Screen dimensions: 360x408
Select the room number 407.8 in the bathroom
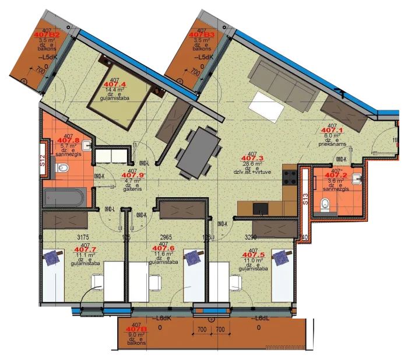click(69, 141)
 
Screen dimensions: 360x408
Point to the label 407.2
click(336, 175)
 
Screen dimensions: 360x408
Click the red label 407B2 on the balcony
click(47, 35)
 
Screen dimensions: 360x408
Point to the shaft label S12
click(42, 160)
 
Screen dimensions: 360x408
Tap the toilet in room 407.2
click(327, 204)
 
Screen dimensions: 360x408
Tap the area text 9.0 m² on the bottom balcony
click(136, 335)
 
